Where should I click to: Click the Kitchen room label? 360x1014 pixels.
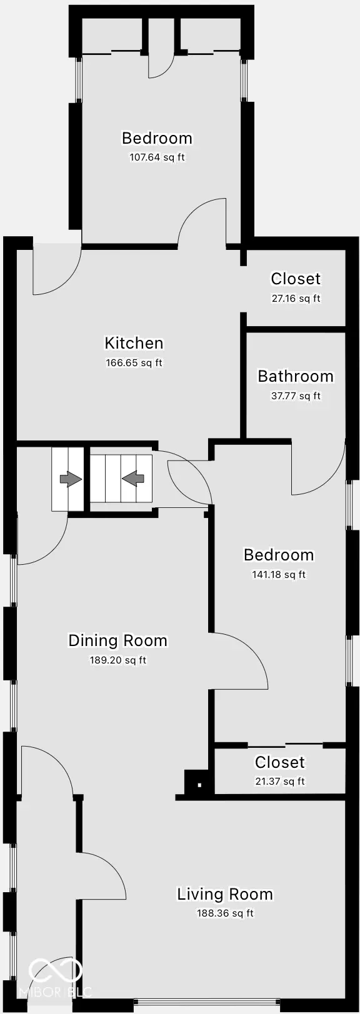pyautogui.click(x=134, y=343)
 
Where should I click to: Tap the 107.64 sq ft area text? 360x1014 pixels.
pyautogui.click(x=157, y=157)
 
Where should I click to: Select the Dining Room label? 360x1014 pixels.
pyautogui.click(x=117, y=640)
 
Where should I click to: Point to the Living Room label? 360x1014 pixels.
pyautogui.click(x=225, y=894)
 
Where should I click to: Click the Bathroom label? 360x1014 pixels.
pyautogui.click(x=296, y=376)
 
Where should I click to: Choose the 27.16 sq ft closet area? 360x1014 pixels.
pyautogui.click(x=296, y=299)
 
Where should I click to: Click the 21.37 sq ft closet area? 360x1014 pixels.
pyautogui.click(x=279, y=782)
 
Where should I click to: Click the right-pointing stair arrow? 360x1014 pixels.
pyautogui.click(x=70, y=479)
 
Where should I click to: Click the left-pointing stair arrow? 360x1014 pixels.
pyautogui.click(x=133, y=479)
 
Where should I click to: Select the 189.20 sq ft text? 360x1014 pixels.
pyautogui.click(x=117, y=660)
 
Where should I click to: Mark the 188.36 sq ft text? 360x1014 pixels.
pyautogui.click(x=225, y=913)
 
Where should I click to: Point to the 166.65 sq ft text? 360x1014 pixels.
pyautogui.click(x=134, y=363)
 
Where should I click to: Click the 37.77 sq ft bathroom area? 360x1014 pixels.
pyautogui.click(x=296, y=396)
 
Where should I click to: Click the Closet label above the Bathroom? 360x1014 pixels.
pyautogui.click(x=296, y=279)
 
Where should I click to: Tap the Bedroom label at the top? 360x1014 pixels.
pyautogui.click(x=157, y=138)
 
